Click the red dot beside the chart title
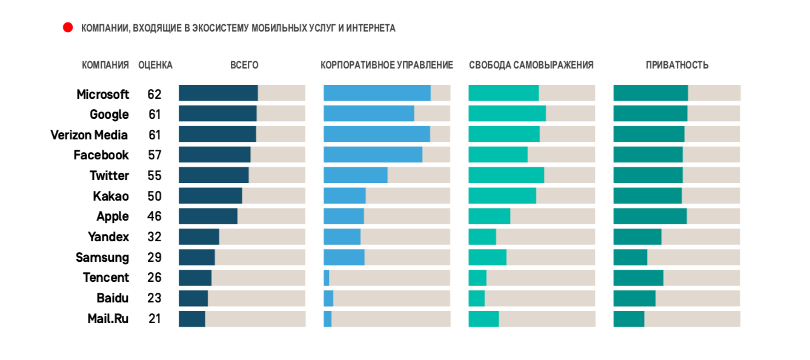point(68,27)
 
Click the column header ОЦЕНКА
point(155,65)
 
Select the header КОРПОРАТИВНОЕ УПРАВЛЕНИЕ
point(387,65)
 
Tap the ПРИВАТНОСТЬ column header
point(677,65)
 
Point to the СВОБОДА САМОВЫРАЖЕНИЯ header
point(531,65)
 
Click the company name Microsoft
point(102,95)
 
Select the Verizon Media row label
point(89,135)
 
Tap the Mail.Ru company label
point(108,318)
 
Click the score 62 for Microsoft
point(154,95)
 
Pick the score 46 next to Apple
point(154,216)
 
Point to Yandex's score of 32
point(154,237)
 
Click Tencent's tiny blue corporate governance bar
point(326,278)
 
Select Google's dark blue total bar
point(217,114)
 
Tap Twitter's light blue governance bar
point(355,175)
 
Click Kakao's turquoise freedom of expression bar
point(502,196)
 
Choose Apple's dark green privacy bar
point(650,216)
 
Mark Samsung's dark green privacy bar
point(630,257)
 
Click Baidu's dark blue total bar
point(193,298)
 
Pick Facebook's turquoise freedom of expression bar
point(498,155)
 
